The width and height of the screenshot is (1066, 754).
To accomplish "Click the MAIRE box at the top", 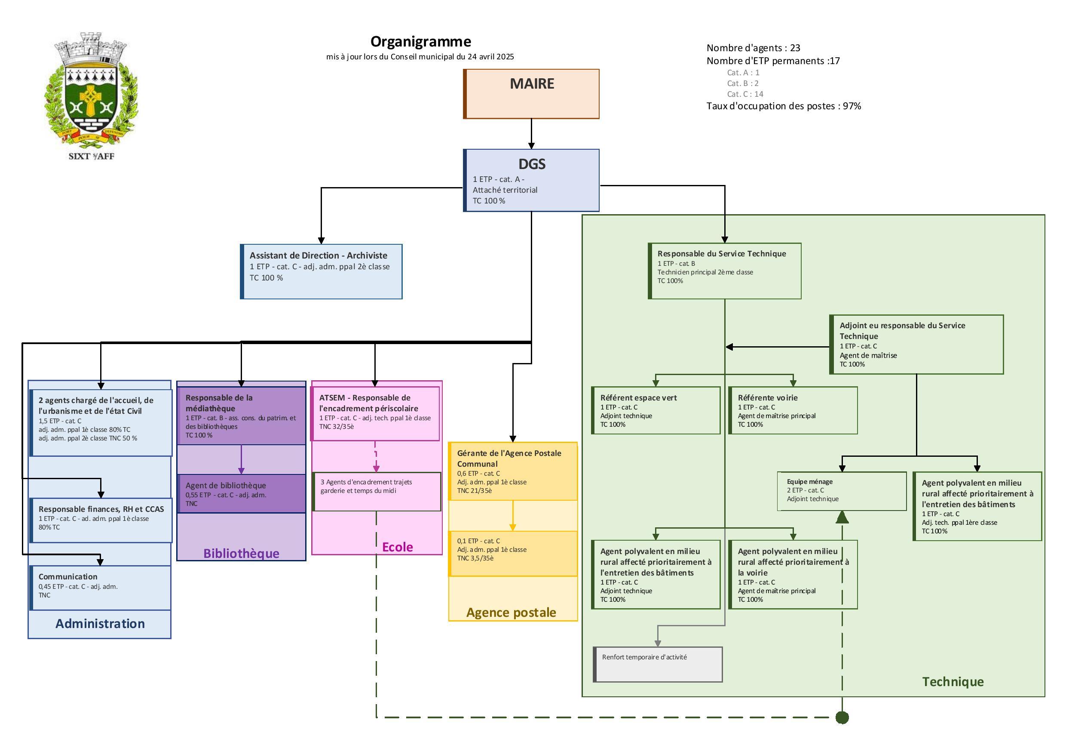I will point(531,94).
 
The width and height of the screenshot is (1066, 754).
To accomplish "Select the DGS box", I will point(531,180).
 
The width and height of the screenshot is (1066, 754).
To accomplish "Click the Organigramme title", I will point(420,42).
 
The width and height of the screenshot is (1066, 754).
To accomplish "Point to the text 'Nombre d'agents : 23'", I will point(753,48).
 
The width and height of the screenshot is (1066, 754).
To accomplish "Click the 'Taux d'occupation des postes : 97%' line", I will point(783,106).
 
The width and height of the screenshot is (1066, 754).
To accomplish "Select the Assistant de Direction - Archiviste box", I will point(321,271).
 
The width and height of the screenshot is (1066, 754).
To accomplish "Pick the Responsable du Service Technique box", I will point(724,271).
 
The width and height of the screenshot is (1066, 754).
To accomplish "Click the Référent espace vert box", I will point(656,410).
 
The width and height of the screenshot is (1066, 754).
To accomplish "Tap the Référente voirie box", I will point(793,410).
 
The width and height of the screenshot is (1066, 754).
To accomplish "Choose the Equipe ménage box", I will point(841,491).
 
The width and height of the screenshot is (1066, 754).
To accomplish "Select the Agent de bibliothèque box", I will point(241,493).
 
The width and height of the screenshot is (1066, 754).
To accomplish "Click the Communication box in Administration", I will point(100,587).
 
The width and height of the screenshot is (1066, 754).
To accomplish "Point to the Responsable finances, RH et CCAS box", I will point(100,520).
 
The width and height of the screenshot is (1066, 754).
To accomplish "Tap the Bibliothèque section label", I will point(241,553).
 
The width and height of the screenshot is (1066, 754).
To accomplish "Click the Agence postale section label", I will point(511,612).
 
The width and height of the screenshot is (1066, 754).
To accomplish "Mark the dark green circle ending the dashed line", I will point(842,717).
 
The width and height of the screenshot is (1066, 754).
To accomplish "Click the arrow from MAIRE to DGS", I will point(531,134).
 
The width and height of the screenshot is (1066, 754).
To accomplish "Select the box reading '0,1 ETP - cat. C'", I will point(512,553).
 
